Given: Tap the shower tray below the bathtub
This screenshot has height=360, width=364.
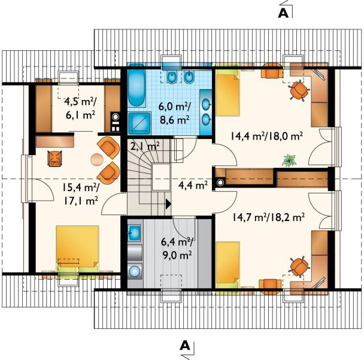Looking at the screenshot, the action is coord(139,123).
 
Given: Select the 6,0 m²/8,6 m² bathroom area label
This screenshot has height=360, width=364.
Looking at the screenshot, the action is coord(174,113).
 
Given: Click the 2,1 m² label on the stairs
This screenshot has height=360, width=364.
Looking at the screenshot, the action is coord(145,146).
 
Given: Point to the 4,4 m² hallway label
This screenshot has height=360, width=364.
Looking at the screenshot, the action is coord(193,185).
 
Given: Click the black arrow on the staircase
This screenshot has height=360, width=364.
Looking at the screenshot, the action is coord(169,204).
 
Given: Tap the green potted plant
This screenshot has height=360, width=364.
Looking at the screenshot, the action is coord(290,160).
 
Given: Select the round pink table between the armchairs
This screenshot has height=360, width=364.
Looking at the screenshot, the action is coord(97,159).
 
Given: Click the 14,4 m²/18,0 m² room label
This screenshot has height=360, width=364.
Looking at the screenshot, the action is coord(266,136).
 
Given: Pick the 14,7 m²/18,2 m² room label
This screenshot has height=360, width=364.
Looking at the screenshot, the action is coord(268,217).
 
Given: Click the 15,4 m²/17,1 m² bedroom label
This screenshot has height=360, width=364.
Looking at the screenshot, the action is coord(80,194).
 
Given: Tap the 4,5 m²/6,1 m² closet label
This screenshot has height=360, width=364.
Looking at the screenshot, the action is coord(80,108).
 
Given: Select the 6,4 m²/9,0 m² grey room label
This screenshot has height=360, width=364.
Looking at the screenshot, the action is coord(177,249).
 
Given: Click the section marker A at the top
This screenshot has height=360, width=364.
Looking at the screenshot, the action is coord(283,13).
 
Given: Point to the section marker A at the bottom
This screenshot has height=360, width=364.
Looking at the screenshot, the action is coord(185,346).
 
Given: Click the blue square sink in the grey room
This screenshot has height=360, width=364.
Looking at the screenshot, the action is coord(134,232).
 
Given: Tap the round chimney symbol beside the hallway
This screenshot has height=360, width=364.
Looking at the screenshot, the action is coord(220,182).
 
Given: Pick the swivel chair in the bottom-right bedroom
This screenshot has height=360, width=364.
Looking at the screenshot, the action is coord(299,266).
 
